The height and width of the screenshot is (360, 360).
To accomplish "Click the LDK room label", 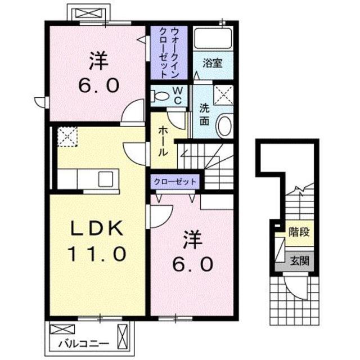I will [96, 228].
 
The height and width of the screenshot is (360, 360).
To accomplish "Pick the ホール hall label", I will [162, 141].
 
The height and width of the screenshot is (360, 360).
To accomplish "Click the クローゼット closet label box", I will [174, 182].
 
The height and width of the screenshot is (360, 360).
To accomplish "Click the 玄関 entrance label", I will [299, 260].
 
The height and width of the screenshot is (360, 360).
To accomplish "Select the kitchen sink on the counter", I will [106, 179].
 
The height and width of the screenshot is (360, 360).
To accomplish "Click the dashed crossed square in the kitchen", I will [68, 137].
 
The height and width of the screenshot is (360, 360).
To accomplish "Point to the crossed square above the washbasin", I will [224, 96].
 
